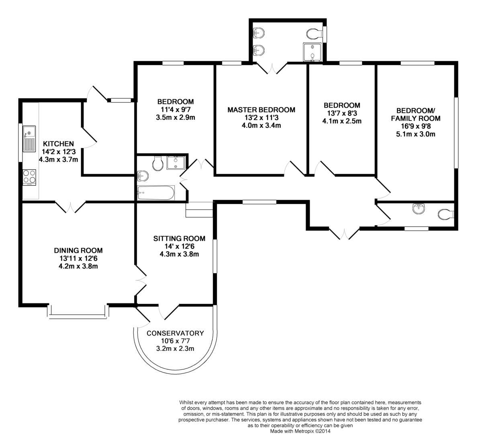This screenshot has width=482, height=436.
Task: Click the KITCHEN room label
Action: [x=58, y=143]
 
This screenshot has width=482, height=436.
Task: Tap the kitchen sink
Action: [x=29, y=139]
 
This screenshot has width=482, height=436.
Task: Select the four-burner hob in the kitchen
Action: [x=29, y=177]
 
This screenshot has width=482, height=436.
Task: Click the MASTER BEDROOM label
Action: [x=261, y=110]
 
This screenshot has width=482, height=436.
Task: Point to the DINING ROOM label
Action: [x=78, y=250]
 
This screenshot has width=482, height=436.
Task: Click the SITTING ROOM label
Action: [x=179, y=238]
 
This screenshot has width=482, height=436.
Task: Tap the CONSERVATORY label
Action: [x=175, y=333]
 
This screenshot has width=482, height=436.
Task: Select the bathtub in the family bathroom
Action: [x=156, y=193]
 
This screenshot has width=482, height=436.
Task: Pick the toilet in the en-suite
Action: [x=313, y=33]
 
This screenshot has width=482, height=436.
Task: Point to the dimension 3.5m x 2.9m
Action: [x=175, y=117]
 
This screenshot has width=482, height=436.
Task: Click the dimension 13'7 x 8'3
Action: [x=342, y=113]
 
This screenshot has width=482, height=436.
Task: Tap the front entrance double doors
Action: [x=345, y=233]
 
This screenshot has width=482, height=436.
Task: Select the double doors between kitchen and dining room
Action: [x=70, y=207]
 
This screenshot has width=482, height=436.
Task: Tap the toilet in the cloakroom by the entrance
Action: [x=445, y=215]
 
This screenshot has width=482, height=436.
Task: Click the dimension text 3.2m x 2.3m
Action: [x=175, y=348]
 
